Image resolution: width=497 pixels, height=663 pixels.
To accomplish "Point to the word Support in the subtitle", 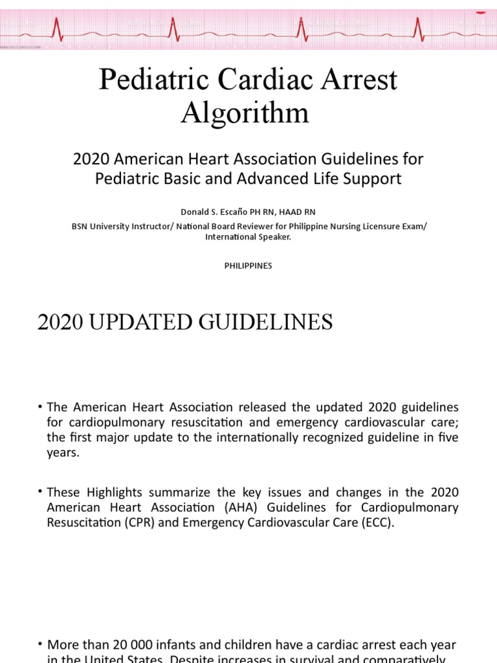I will click(371, 179).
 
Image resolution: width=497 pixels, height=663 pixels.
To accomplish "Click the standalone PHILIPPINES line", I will click(248, 265).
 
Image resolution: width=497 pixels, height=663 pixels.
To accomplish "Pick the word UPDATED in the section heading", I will click(163, 322).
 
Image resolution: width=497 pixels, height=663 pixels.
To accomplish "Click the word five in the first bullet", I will click(447, 437).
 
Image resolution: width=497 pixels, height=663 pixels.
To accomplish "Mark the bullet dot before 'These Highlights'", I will click(41, 493).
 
